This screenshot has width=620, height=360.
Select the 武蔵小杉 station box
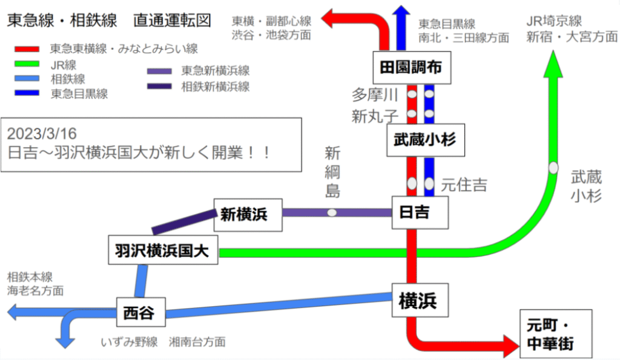[x=420, y=140]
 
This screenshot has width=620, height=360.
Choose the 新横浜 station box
[x=249, y=214]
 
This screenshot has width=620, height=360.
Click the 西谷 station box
[x=139, y=313]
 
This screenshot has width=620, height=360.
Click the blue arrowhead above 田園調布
[x=401, y=13]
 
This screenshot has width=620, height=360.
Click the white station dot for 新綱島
[x=332, y=212]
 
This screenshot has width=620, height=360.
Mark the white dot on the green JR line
[x=553, y=168]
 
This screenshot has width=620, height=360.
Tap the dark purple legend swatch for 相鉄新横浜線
[x=161, y=86]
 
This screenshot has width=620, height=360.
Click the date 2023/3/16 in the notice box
[x=42, y=133]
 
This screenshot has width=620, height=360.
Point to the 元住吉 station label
[x=464, y=184]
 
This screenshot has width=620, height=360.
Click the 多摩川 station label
[x=375, y=95]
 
